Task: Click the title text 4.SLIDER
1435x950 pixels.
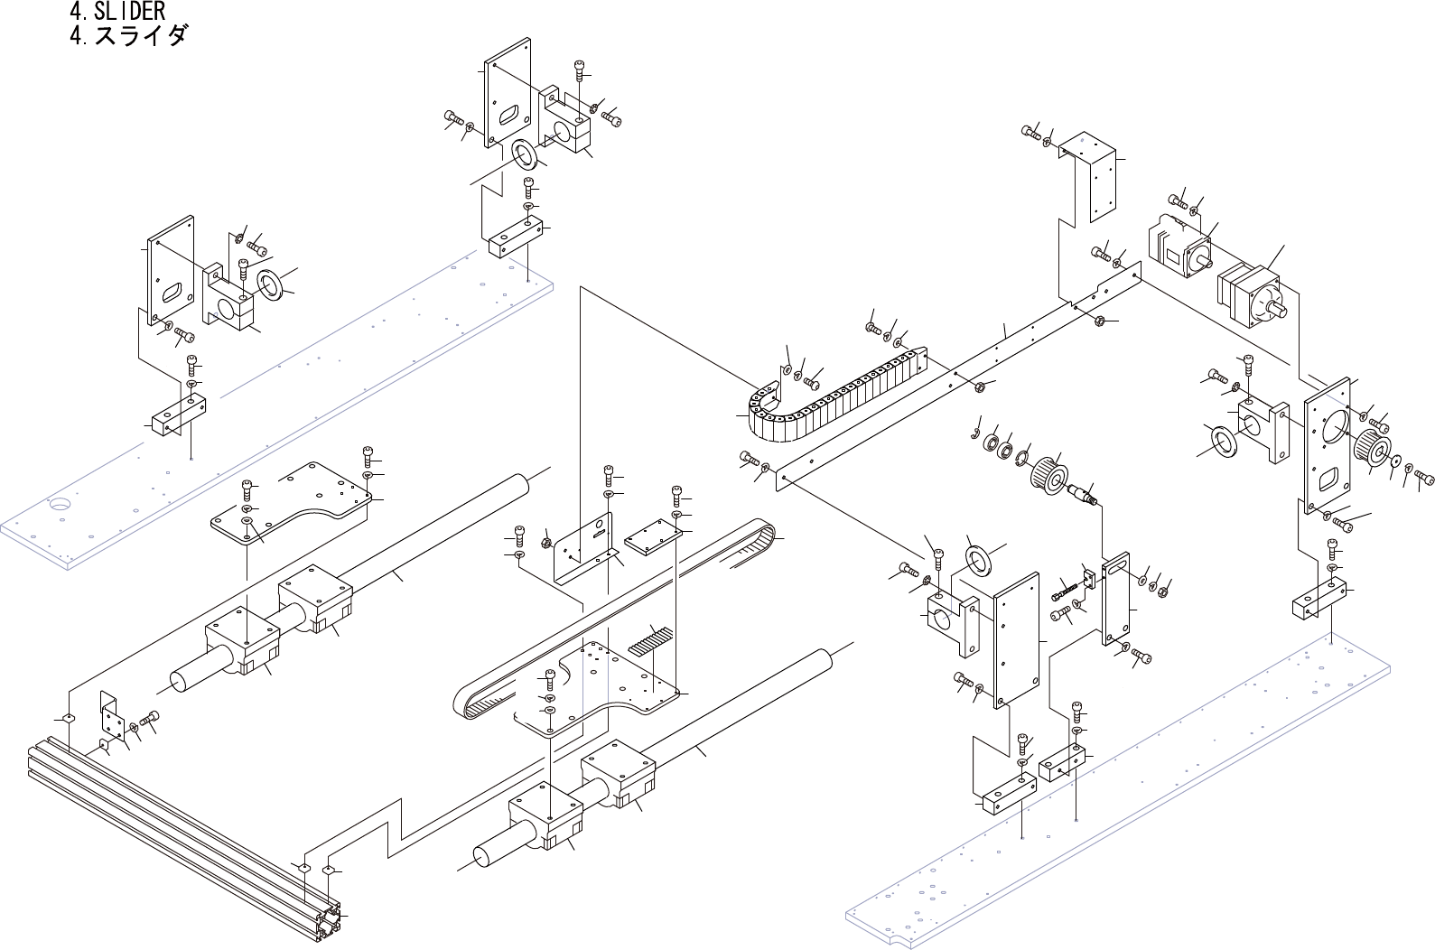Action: click(x=117, y=11)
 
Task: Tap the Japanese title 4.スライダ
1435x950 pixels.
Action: click(x=128, y=36)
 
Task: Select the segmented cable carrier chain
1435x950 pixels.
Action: click(x=831, y=397)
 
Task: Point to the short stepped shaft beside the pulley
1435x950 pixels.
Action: click(x=1084, y=495)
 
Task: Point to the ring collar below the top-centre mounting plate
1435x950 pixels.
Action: click(x=524, y=154)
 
